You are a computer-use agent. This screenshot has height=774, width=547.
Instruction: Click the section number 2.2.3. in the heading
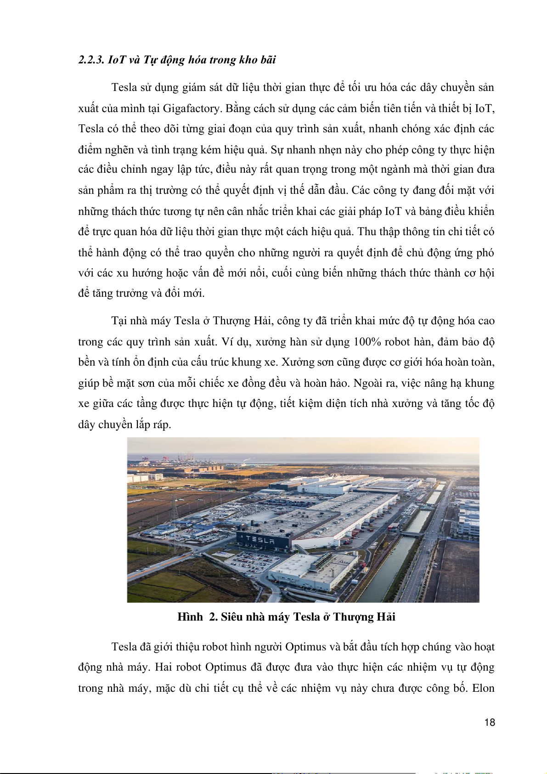(91, 60)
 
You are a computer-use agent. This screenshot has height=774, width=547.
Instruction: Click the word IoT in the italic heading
(117, 60)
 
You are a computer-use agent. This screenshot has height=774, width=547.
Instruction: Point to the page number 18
(490, 723)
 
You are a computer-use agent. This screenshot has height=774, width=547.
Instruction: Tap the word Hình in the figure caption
(190, 617)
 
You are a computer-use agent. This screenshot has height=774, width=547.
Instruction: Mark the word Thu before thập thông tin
(367, 232)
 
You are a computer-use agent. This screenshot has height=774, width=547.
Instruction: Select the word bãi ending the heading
(268, 60)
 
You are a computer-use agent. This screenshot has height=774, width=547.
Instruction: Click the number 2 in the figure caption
(213, 617)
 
